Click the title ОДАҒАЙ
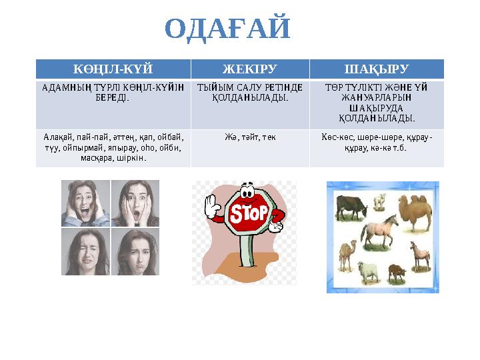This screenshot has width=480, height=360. point(228,29)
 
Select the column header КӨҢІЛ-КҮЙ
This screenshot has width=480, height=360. point(113,69)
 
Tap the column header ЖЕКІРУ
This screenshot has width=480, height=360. point(249,69)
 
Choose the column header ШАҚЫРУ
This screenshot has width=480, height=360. point(376,69)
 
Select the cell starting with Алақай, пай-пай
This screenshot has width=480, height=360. point(113,147)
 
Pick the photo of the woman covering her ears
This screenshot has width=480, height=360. point(85,204)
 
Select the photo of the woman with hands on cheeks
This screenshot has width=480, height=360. point(135,204)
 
